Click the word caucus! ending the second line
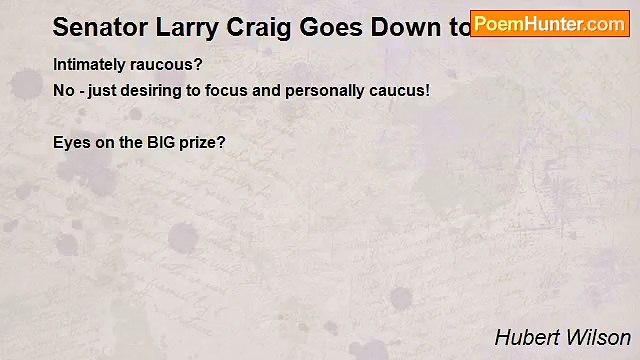click(399, 91)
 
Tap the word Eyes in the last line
click(70, 143)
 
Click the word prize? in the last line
click(204, 143)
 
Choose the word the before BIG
click(131, 143)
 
